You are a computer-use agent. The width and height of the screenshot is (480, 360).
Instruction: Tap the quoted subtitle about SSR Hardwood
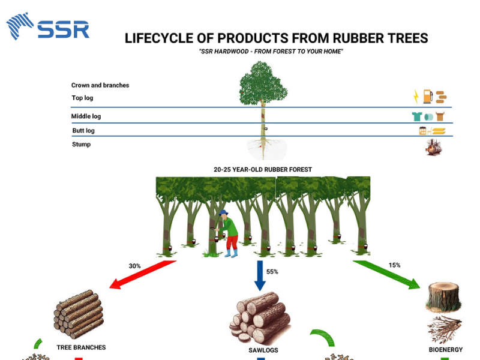[x=271, y=52]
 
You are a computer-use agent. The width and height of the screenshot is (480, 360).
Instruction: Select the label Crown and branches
[x=100, y=85]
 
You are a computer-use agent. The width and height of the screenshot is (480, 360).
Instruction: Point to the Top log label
[x=83, y=98]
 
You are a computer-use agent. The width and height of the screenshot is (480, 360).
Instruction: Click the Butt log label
[x=83, y=131]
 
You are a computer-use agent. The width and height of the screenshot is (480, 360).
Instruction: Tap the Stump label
[x=82, y=145]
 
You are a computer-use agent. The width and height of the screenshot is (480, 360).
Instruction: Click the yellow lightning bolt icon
[x=415, y=96]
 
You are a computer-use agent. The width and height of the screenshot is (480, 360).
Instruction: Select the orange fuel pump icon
[x=427, y=96]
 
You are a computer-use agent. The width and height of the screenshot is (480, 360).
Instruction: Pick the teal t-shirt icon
[x=416, y=116]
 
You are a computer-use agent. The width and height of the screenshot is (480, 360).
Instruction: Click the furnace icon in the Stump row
[x=433, y=147]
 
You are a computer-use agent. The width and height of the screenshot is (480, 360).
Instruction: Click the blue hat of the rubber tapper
[x=223, y=212]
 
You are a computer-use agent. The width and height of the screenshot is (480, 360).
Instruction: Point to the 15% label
[x=394, y=265]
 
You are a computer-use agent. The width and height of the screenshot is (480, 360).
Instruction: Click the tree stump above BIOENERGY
[x=443, y=296]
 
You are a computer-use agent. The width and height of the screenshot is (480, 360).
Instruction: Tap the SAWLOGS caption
[x=263, y=350]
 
